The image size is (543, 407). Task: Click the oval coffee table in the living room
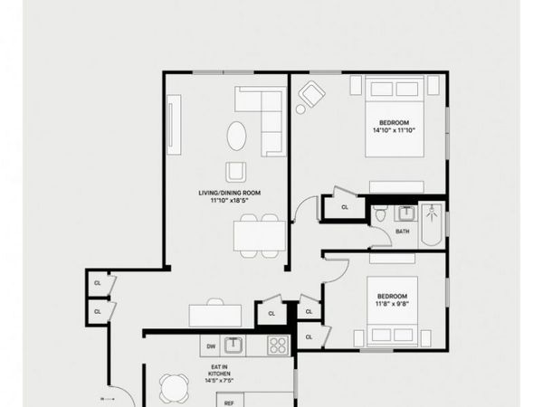(235, 136)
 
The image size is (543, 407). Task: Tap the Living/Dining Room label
(230, 193)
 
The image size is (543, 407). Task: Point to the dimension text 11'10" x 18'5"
(230, 201)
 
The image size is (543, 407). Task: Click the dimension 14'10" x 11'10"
(394, 129)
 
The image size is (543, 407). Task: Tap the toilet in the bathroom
(381, 215)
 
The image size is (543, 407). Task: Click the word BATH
(403, 232)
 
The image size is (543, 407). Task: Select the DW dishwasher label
(211, 345)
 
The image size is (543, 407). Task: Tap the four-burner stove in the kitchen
(279, 345)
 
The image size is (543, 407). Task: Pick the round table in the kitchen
(175, 389)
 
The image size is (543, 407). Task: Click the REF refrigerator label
(229, 402)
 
